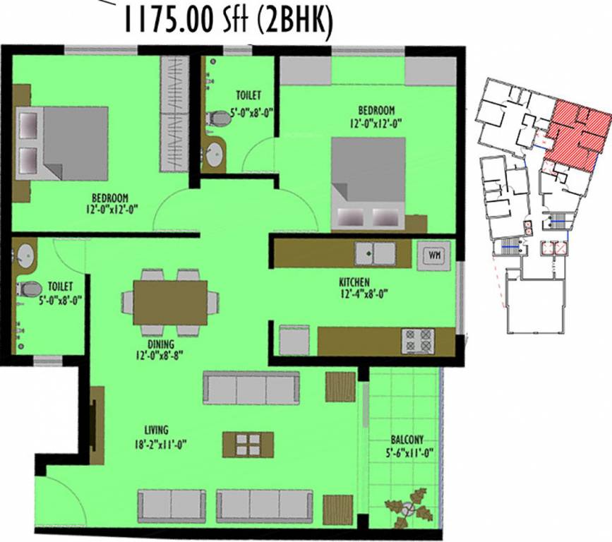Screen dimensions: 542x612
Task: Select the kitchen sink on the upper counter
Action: click(x=375, y=253)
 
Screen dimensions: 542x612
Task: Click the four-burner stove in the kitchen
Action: click(x=418, y=342)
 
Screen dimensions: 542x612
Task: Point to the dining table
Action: click(x=170, y=302)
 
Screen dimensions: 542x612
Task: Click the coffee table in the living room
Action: click(x=248, y=445)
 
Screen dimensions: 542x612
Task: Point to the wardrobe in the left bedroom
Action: click(x=172, y=113)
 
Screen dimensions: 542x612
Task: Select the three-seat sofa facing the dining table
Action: click(x=251, y=387)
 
